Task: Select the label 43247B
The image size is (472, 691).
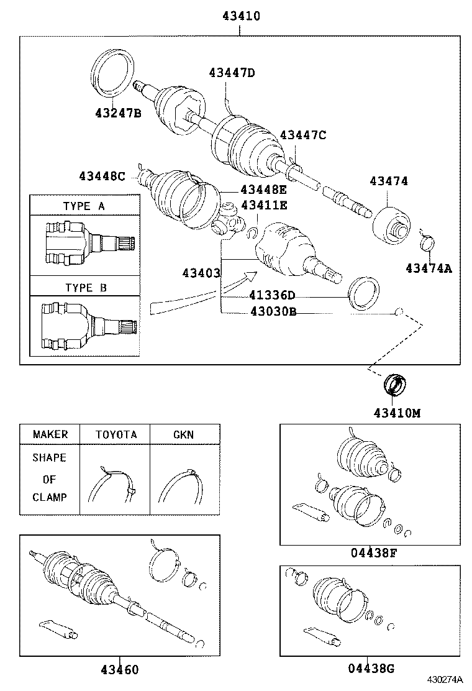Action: pyautogui.click(x=118, y=113)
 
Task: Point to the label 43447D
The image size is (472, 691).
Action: pyautogui.click(x=232, y=73)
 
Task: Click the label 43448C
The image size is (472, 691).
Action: pyautogui.click(x=102, y=176)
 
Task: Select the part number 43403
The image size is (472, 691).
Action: pyautogui.click(x=201, y=273)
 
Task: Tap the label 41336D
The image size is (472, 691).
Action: pyautogui.click(x=272, y=295)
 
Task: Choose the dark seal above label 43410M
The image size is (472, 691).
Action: pyautogui.click(x=394, y=384)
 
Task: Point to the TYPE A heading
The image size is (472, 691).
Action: pyautogui.click(x=84, y=206)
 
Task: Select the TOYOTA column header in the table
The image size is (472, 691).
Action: pyautogui.click(x=116, y=434)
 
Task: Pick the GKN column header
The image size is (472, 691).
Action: pyautogui.click(x=183, y=434)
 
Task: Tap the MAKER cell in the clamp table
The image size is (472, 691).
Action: pyautogui.click(x=50, y=434)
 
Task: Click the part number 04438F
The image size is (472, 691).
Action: pyautogui.click(x=372, y=552)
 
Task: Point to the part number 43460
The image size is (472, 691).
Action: pyautogui.click(x=120, y=669)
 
